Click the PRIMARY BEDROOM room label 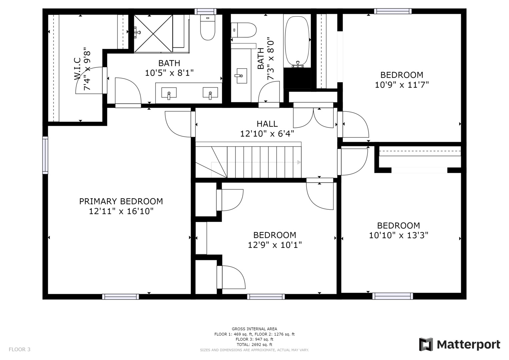(x=121, y=201)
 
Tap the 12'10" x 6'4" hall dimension (x=267, y=134)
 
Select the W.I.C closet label (x=77, y=69)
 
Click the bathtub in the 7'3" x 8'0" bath (x=297, y=39)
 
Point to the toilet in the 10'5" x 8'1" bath (x=207, y=29)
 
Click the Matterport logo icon (x=426, y=344)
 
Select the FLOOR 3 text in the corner (x=19, y=349)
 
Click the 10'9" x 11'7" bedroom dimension (x=402, y=85)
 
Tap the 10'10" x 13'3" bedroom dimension (x=398, y=235)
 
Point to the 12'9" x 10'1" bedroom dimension (x=275, y=245)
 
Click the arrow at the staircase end (x=299, y=162)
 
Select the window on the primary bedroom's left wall (x=45, y=155)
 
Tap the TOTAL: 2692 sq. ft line (x=254, y=345)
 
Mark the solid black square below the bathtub (x=297, y=78)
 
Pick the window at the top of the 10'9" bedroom (x=393, y=11)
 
